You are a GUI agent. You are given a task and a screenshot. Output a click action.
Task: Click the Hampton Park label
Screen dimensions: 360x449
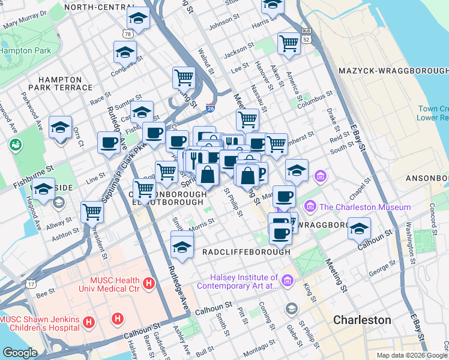(x=25, y=51)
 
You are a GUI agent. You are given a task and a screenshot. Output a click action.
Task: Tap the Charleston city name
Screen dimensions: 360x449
(x=362, y=320)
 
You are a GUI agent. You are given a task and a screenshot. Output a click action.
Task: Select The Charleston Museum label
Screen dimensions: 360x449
(x=364, y=208)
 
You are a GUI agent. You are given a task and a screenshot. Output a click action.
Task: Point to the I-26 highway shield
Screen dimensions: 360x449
(x=210, y=107)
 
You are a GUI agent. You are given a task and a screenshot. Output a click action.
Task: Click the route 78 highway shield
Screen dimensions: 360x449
(x=127, y=35)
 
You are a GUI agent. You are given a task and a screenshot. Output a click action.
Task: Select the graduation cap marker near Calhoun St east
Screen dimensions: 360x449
(x=359, y=229)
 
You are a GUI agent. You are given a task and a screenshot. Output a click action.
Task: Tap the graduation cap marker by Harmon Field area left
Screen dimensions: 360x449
(x=61, y=128)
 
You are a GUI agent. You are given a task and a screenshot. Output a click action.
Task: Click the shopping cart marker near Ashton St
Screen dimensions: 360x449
(x=92, y=211)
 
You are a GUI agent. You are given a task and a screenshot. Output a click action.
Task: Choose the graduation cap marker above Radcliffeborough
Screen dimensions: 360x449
(x=182, y=247)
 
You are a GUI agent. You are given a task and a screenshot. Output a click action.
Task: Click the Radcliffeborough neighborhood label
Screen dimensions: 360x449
(x=246, y=252)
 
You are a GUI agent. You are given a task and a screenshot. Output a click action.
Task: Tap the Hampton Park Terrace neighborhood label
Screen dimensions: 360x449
(x=60, y=83)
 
